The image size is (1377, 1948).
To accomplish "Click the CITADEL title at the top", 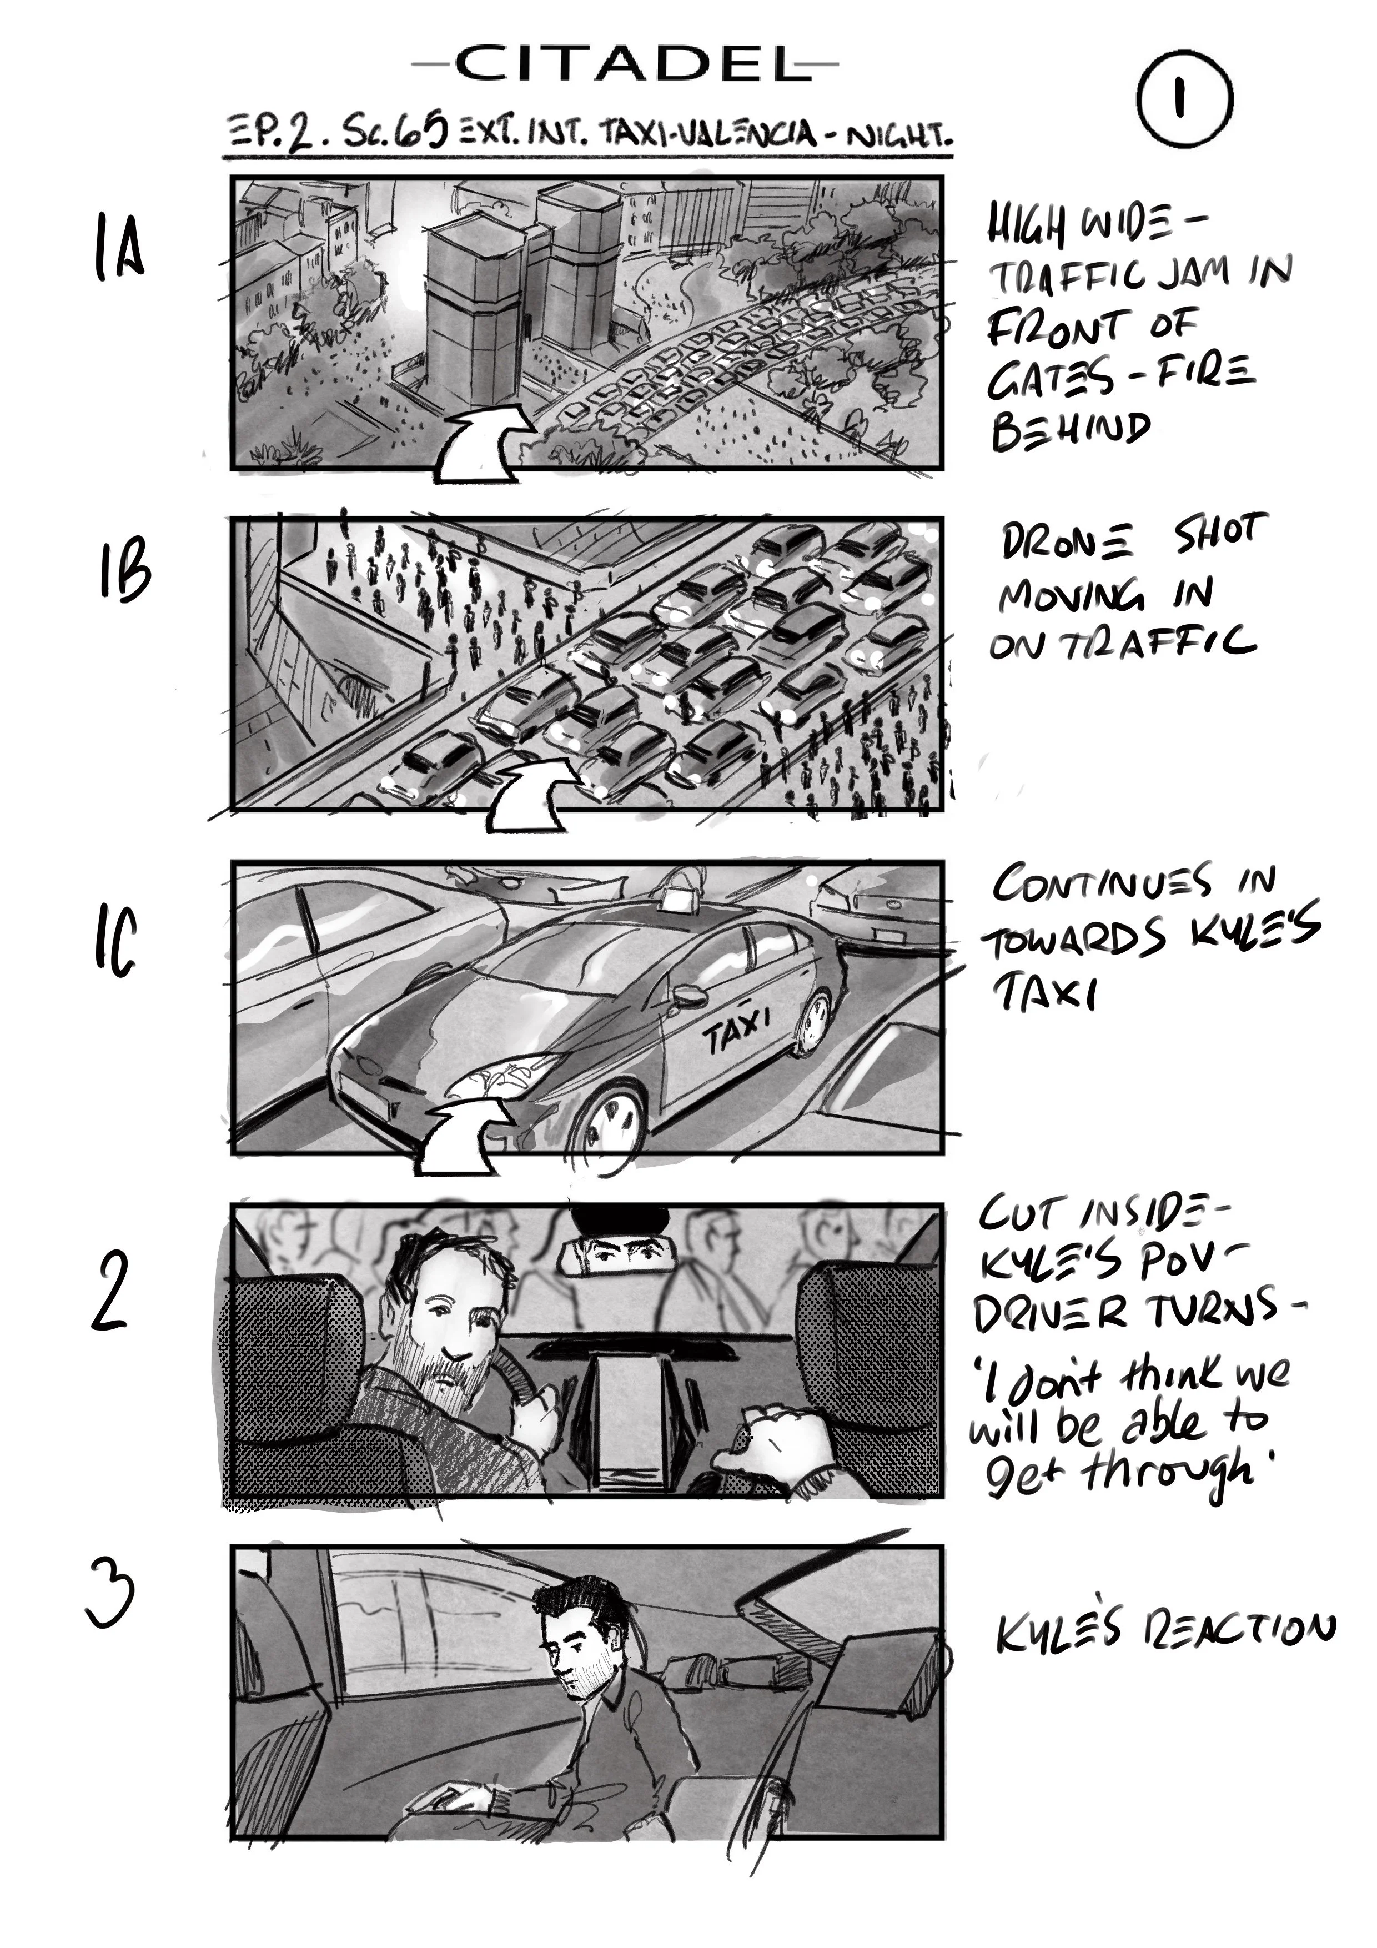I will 625,64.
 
